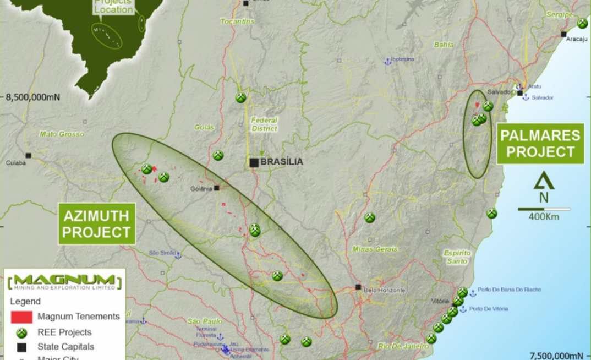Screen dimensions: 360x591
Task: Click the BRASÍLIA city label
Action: tap(281, 162)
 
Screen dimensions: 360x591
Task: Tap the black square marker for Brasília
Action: tap(254, 162)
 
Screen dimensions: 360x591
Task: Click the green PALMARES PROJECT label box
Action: tap(540, 144)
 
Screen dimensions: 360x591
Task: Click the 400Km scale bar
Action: tap(544, 209)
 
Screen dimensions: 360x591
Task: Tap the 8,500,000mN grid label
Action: tap(33, 97)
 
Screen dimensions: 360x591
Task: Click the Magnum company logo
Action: tap(65, 281)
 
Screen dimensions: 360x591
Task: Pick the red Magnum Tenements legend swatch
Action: tap(21, 317)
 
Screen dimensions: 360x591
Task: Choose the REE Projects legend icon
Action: tap(21, 332)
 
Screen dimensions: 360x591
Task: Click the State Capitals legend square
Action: tap(21, 347)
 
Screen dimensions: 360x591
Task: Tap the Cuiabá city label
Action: tap(16, 163)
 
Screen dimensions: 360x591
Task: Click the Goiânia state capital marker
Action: tap(217, 188)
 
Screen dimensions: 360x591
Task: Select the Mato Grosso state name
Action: tap(62, 134)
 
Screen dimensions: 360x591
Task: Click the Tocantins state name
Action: tap(237, 21)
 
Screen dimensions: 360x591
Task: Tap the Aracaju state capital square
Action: tap(563, 34)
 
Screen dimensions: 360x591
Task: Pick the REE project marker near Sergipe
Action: tap(582, 23)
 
